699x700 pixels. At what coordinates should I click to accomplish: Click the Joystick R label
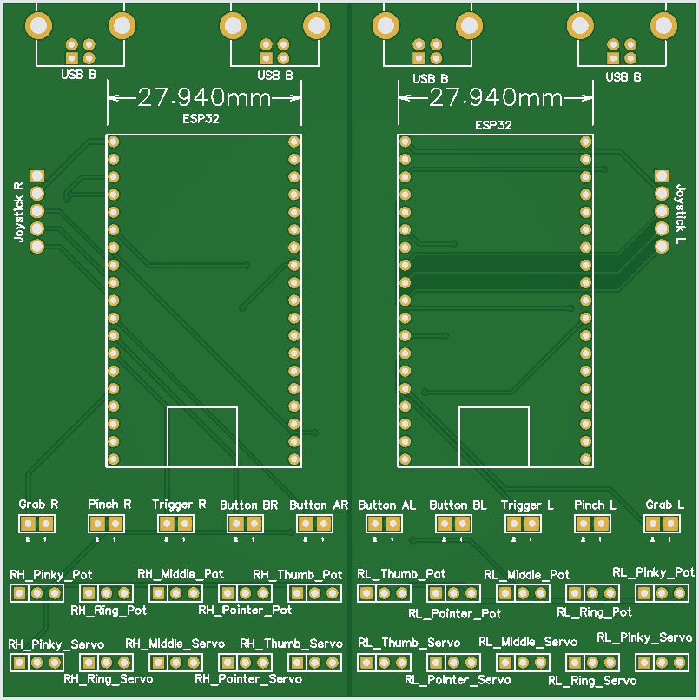point(18,211)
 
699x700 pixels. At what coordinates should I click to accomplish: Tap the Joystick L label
point(681,213)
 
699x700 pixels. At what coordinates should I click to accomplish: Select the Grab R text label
point(38,504)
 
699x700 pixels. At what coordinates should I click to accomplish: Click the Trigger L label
point(527,505)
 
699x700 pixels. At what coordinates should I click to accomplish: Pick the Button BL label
point(458,505)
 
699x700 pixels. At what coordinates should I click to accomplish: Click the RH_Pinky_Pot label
point(50,574)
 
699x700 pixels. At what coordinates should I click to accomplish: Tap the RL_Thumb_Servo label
point(409,643)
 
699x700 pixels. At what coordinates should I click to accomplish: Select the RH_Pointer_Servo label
point(248,678)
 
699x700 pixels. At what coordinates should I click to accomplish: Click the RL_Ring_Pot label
point(594,611)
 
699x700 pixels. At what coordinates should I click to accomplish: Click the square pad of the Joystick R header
point(36,176)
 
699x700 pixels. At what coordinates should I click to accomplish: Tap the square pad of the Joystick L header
point(662,176)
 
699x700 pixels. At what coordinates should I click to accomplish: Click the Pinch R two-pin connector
point(106,524)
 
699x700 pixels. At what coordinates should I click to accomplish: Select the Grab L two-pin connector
point(662,524)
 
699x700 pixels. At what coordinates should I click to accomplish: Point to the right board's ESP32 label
point(493,125)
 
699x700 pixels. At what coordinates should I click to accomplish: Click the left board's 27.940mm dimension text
point(204,96)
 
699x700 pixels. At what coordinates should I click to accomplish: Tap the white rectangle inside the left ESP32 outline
point(202,437)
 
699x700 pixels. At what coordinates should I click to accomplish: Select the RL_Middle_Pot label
point(526,574)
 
